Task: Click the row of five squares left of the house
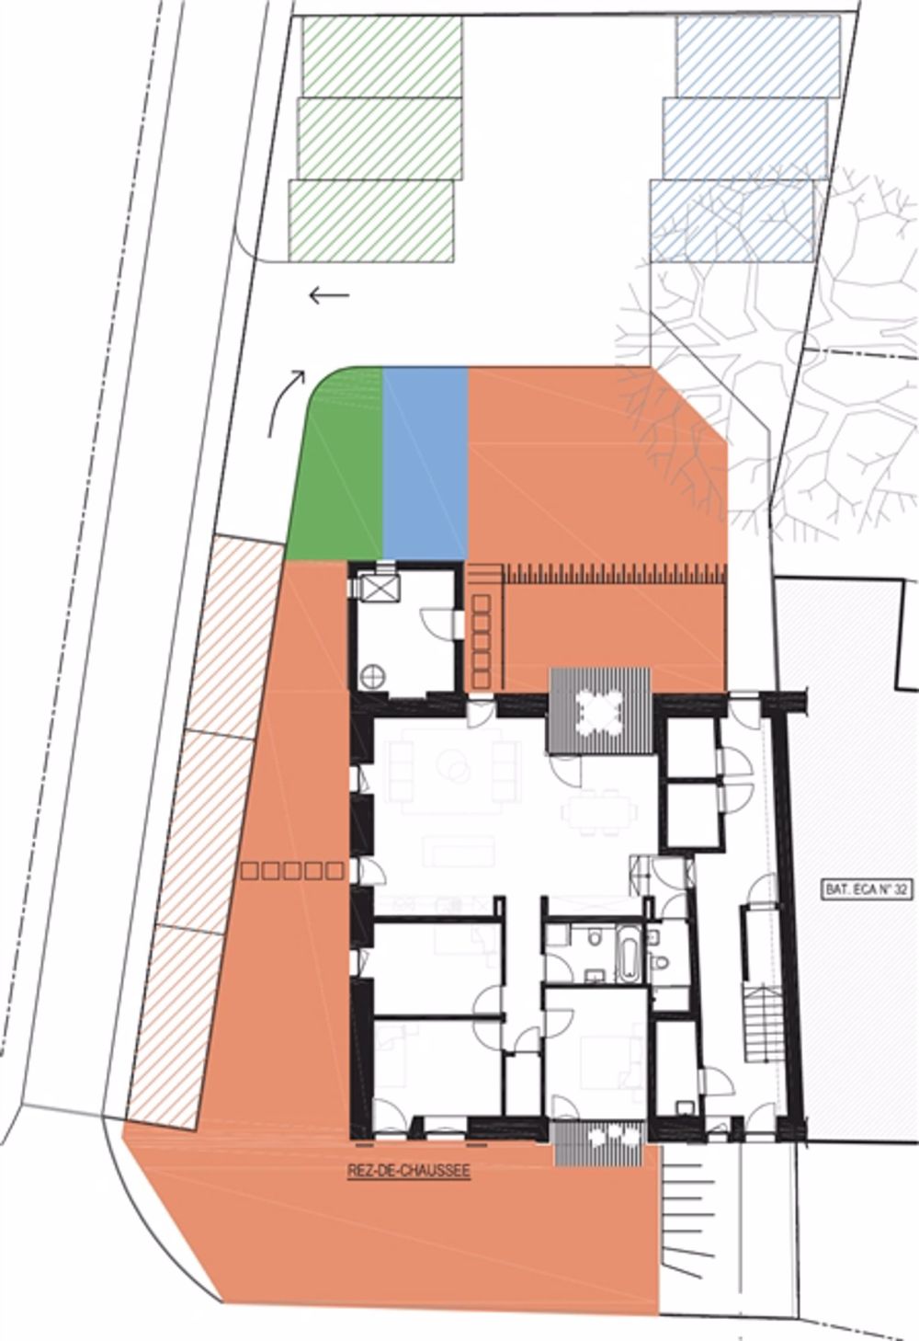click(x=292, y=870)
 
